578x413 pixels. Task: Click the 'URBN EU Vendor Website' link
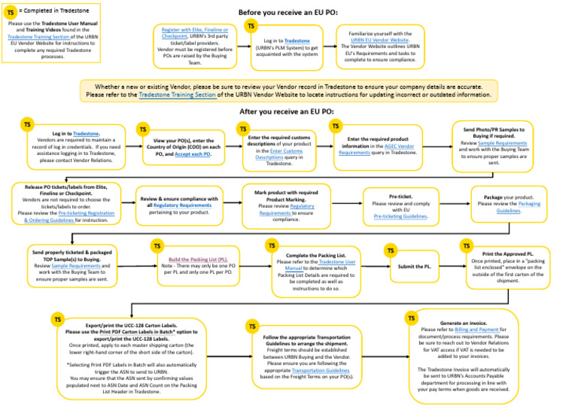(x=391, y=41)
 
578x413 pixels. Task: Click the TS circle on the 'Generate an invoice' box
(x=412, y=318)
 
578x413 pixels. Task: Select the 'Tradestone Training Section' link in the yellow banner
(x=178, y=95)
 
